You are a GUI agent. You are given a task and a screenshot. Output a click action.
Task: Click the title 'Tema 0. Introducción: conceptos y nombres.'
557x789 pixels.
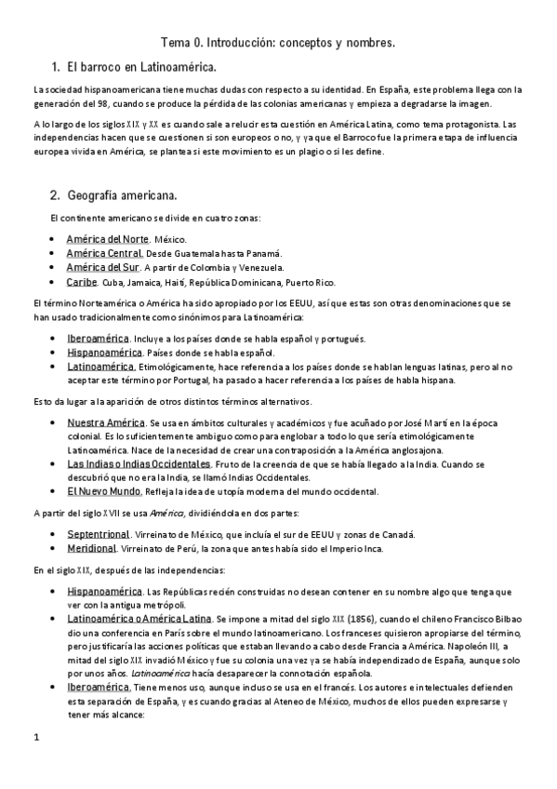[278, 43]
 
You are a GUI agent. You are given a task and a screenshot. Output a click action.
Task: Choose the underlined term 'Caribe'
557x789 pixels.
[83, 282]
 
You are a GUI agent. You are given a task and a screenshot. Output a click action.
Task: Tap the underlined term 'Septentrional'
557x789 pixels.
[99, 534]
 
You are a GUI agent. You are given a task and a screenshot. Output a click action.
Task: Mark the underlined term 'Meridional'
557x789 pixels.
[90, 549]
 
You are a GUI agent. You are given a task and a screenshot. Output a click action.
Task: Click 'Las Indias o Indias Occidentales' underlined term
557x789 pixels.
[139, 463]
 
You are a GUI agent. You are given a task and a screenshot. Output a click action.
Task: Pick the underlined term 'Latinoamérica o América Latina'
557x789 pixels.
[139, 618]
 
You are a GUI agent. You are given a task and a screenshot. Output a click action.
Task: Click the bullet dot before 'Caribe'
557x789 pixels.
[55, 282]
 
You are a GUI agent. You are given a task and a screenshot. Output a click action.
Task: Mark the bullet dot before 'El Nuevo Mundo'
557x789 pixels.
[55, 491]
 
